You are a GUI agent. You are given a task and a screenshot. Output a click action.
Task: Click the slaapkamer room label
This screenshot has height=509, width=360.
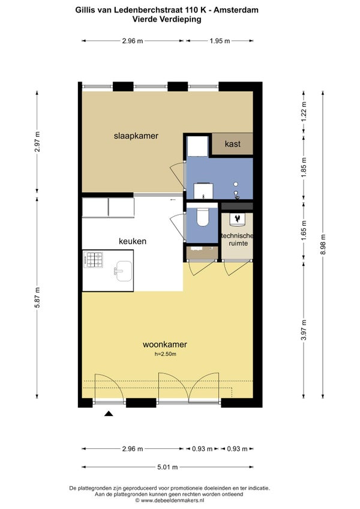click(136, 136)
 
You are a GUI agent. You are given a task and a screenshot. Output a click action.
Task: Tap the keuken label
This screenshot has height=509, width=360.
click(133, 241)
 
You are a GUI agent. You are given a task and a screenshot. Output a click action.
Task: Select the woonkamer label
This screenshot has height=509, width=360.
click(165, 345)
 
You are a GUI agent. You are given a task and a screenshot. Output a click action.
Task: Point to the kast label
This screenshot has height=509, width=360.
click(232, 143)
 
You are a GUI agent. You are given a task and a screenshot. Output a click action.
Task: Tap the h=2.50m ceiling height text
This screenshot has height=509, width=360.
click(165, 354)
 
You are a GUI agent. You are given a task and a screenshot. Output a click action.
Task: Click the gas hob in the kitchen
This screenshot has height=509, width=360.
click(94, 260)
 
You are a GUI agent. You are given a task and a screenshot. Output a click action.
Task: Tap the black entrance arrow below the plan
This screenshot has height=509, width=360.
click(109, 413)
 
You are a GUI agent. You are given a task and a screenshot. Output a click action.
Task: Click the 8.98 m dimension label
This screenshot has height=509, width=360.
click(323, 245)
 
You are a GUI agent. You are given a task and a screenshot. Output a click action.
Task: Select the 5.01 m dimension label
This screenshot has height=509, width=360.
click(167, 467)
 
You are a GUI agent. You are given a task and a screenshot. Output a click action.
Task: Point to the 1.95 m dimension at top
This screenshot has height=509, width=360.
click(220, 41)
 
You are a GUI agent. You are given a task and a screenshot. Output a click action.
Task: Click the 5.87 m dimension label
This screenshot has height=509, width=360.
click(37, 298)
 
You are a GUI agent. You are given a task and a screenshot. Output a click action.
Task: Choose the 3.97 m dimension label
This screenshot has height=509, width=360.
click(304, 330)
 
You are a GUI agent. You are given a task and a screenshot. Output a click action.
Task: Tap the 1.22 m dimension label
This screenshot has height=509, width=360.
click(304, 112)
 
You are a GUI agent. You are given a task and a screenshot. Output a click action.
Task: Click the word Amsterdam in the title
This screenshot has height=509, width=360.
click(236, 10)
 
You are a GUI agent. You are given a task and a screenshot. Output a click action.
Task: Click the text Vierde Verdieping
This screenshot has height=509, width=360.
click(167, 19)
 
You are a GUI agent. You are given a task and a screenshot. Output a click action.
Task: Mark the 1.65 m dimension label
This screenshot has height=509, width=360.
click(304, 230)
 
